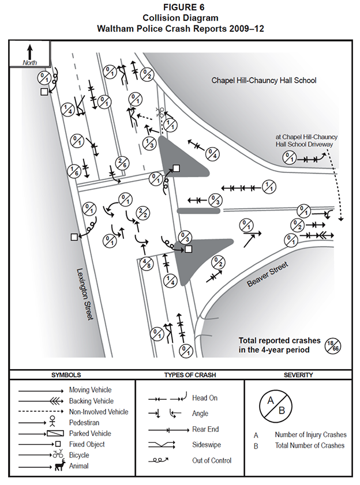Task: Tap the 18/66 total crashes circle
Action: click(332, 344)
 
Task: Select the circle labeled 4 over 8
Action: click(147, 263)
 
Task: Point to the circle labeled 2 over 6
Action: click(122, 164)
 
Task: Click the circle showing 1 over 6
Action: click(74, 170)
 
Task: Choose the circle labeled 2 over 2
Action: click(140, 213)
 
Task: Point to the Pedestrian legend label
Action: click(85, 423)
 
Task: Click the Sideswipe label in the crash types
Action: click(206, 445)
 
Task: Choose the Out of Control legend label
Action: click(212, 461)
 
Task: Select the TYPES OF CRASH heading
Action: click(190, 375)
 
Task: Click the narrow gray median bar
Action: click(198, 210)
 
